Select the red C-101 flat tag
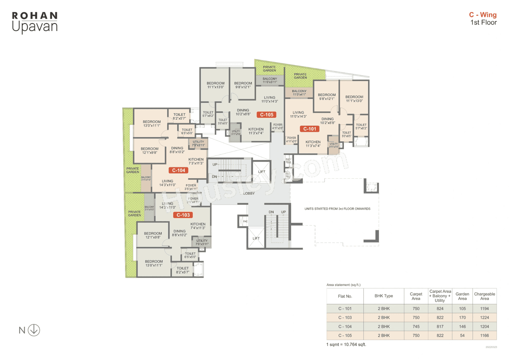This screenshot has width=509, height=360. coord(309,129)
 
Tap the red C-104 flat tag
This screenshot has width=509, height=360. coord(178,170)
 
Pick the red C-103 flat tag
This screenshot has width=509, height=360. coord(183,215)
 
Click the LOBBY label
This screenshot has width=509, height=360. coord(249,193)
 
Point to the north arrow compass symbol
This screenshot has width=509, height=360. coord(34,330)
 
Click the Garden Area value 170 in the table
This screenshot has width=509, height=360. coord(462,317)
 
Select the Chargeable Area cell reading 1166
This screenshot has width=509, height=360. coord(484,335)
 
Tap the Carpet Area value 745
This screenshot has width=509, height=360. coord(416,327)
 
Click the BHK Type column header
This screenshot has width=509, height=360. coord(384,296)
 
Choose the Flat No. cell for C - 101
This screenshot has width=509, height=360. coord(345,308)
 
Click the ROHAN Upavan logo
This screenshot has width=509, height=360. coord(35,22)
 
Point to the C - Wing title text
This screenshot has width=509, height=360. coord(483,15)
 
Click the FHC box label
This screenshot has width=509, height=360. coord(245,222)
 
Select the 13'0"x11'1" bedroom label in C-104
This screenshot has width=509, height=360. coord(152,124)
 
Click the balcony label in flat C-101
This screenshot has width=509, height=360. coord(299,93)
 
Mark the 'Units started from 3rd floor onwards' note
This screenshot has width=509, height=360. coord(337,208)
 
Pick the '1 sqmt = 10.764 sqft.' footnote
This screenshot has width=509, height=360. coord(346,344)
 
